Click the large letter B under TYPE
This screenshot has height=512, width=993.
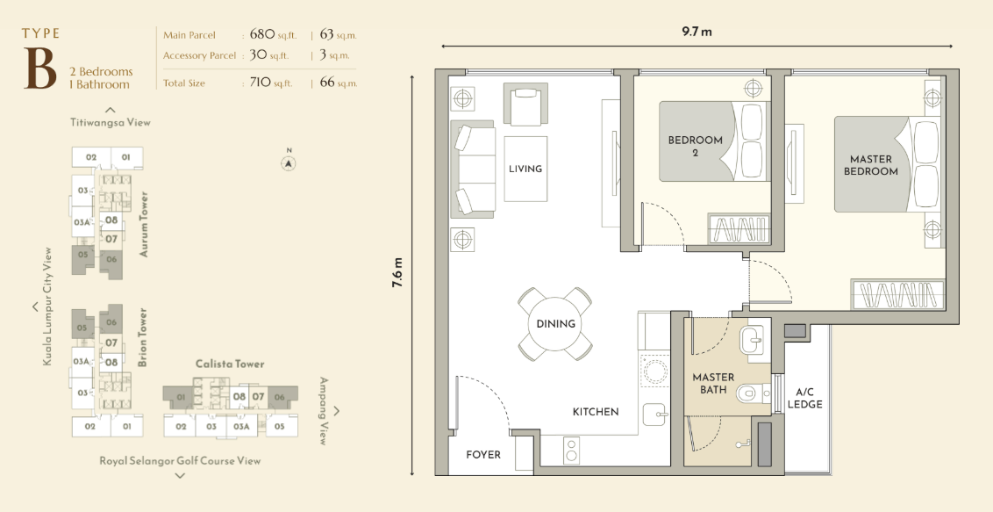(x=39, y=69)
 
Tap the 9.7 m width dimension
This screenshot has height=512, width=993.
(x=697, y=32)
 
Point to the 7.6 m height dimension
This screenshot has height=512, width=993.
(x=397, y=272)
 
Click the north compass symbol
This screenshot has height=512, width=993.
(x=289, y=162)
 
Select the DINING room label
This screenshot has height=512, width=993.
(x=555, y=324)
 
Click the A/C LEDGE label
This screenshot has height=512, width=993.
(x=805, y=398)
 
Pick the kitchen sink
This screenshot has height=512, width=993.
(x=654, y=415)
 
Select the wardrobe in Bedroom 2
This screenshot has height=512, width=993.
(x=739, y=228)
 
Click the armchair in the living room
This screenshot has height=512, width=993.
(x=525, y=104)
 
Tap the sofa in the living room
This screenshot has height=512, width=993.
(x=473, y=169)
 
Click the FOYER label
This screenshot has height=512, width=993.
(x=483, y=454)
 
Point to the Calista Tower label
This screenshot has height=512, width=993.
(x=230, y=364)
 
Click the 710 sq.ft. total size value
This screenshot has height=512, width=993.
(x=272, y=83)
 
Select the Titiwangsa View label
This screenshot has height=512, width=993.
(x=111, y=122)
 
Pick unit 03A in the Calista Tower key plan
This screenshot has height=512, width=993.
(x=241, y=427)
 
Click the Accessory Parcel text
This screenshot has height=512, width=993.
(x=199, y=55)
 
